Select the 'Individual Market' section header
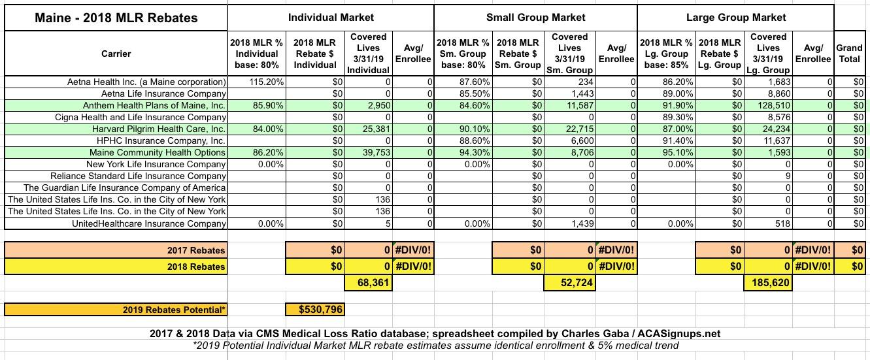tap(331, 17)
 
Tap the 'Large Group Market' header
tap(736, 17)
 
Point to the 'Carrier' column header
tap(116, 54)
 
